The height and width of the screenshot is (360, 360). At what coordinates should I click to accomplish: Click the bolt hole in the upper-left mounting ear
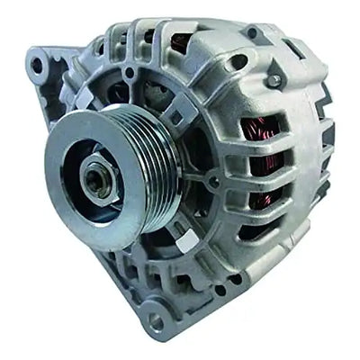pyautogui.click(x=36, y=64)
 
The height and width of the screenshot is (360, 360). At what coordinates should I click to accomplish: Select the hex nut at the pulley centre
pyautogui.click(x=94, y=180)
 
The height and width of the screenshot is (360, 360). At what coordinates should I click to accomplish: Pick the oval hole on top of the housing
pyautogui.click(x=238, y=62)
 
